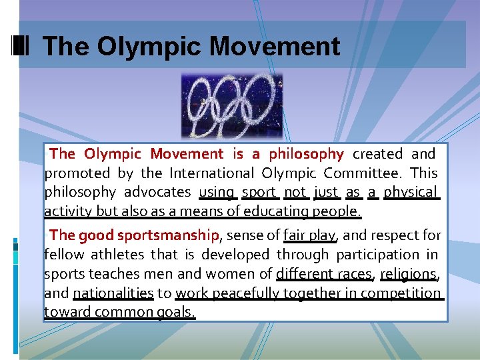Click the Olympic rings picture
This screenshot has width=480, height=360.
[232, 106]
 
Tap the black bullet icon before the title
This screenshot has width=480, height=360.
[21, 46]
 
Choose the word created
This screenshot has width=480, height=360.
[377, 154]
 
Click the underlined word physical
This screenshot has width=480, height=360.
[411, 192]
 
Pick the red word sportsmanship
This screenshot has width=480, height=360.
[168, 235]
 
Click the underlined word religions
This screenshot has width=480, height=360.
[408, 273]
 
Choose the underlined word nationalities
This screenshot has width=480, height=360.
[113, 293]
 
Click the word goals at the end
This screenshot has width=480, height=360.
[174, 312]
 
